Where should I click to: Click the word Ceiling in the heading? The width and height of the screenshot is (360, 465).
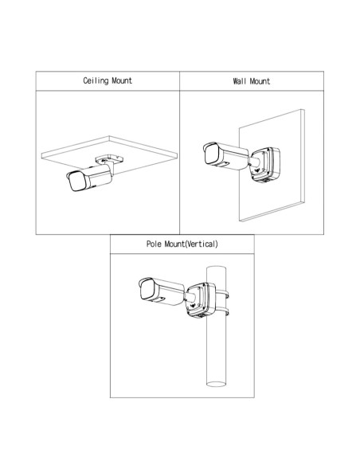[96, 81]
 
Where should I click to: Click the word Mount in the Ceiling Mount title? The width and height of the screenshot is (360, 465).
[122, 80]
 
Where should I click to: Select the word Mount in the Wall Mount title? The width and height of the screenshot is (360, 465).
[260, 81]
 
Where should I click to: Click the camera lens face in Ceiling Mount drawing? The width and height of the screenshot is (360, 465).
[76, 181]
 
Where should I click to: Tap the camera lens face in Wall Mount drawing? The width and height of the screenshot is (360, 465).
[212, 154]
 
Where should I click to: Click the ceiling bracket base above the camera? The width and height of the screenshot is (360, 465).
[109, 159]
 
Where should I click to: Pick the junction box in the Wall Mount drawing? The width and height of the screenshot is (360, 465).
[265, 165]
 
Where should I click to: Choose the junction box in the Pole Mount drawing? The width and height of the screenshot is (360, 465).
[201, 299]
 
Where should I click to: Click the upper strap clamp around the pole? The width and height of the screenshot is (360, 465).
[222, 295]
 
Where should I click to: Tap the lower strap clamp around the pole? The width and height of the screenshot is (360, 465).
[222, 312]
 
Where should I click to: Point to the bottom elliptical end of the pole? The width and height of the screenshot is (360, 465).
[216, 384]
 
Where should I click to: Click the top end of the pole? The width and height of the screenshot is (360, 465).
[216, 268]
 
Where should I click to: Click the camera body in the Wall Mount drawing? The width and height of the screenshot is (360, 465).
[226, 157]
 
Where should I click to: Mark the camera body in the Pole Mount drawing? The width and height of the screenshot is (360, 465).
[162, 291]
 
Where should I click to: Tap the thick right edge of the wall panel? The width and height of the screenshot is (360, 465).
[303, 156]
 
